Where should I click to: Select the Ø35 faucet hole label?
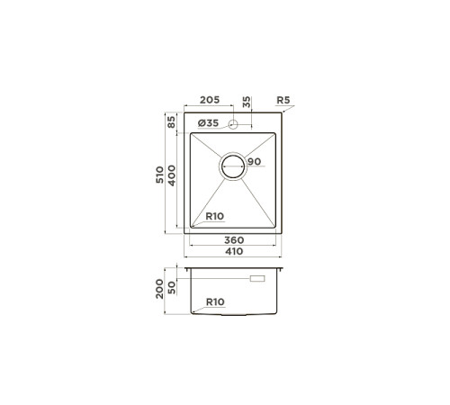pyautogui.click(x=208, y=122)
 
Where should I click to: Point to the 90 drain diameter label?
pyautogui.click(x=254, y=161)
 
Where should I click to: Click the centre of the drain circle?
pyautogui.click(x=234, y=166)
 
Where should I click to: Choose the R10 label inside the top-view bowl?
pyautogui.click(x=215, y=216)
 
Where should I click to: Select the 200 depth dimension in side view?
pyautogui.click(x=160, y=289)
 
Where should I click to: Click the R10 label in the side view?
pyautogui.click(x=215, y=302)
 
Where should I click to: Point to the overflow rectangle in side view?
pyautogui.click(x=257, y=281)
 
